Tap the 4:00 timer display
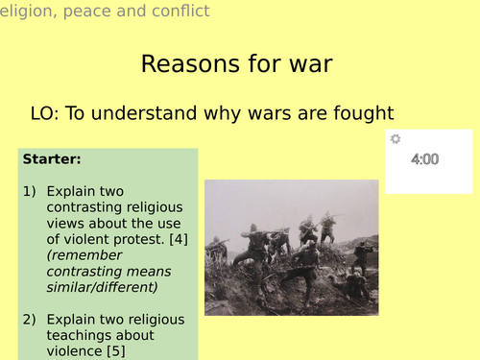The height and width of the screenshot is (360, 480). (424, 159)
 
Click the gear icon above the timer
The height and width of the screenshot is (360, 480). (395, 139)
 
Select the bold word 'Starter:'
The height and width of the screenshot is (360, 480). (52, 158)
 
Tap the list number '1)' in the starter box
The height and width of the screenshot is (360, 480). (30, 192)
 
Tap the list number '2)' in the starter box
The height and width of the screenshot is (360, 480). (30, 320)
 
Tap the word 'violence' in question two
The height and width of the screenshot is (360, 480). (75, 350)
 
